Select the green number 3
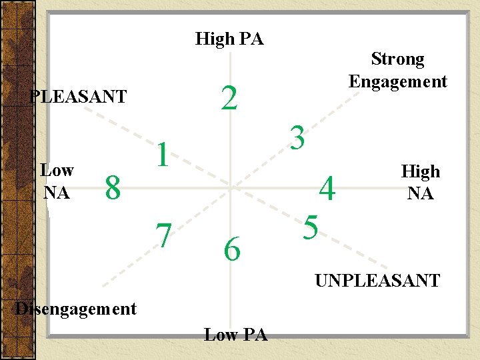pos(297,138)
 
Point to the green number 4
pos(327,189)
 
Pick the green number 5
pos(310,227)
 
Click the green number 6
pos(232,250)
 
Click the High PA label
pos(229,39)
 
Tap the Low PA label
pos(235,335)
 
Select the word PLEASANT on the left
pos(79,97)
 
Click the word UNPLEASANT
pos(377,280)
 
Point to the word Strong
pos(397,59)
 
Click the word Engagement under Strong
pos(398,81)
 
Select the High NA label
pos(420,183)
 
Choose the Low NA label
pos(57,181)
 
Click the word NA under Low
pos(57,193)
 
